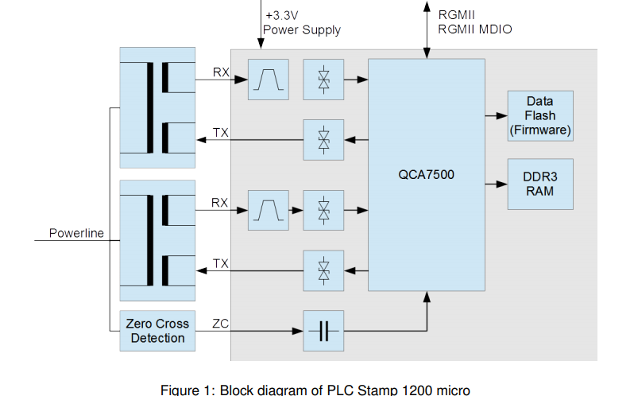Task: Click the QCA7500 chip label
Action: pyautogui.click(x=426, y=174)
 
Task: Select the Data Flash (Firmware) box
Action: pyautogui.click(x=539, y=115)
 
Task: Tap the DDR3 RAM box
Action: pyautogui.click(x=539, y=184)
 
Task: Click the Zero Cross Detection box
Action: pyautogui.click(x=157, y=331)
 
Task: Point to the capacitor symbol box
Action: pyautogui.click(x=323, y=331)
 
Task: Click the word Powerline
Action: pyautogui.click(x=76, y=234)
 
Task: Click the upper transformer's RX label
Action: pyautogui.click(x=221, y=72)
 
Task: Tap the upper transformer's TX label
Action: pyautogui.click(x=221, y=132)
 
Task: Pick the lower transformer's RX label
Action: pyautogui.click(x=220, y=204)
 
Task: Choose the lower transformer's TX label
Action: pyautogui.click(x=221, y=263)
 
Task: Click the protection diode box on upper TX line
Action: pyautogui.click(x=323, y=140)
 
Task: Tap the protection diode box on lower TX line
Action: pyautogui.click(x=323, y=271)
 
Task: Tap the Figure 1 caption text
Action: pyautogui.click(x=315, y=389)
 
